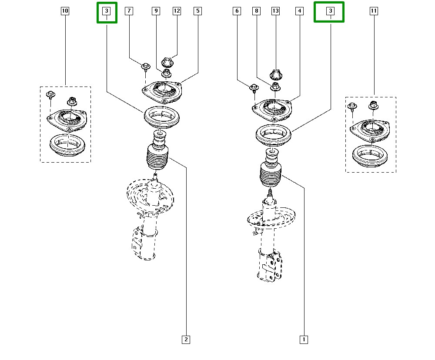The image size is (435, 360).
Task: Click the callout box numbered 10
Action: pos(65,11)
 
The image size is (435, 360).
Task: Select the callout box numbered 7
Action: pos(129,11)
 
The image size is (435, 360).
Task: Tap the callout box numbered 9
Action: pos(156,11)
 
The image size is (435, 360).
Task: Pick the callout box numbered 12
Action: pos(176,11)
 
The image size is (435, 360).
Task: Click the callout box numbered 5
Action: pos(197,11)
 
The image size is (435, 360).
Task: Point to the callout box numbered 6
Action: pos(237,11)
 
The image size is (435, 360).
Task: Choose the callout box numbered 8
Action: pos(257,11)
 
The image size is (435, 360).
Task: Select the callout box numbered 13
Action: pos(275,11)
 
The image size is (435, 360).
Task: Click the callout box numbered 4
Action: pos(299,11)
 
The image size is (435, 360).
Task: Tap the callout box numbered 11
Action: pos(373,11)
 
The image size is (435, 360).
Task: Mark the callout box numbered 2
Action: pos(186,339)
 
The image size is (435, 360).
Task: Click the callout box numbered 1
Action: pos(304,339)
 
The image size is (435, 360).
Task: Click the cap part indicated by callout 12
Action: pos(167,62)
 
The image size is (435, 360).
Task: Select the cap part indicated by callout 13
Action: pos(276,74)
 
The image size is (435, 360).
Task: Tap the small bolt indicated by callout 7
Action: pos(145,66)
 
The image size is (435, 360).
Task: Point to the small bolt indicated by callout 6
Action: pos(254,89)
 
